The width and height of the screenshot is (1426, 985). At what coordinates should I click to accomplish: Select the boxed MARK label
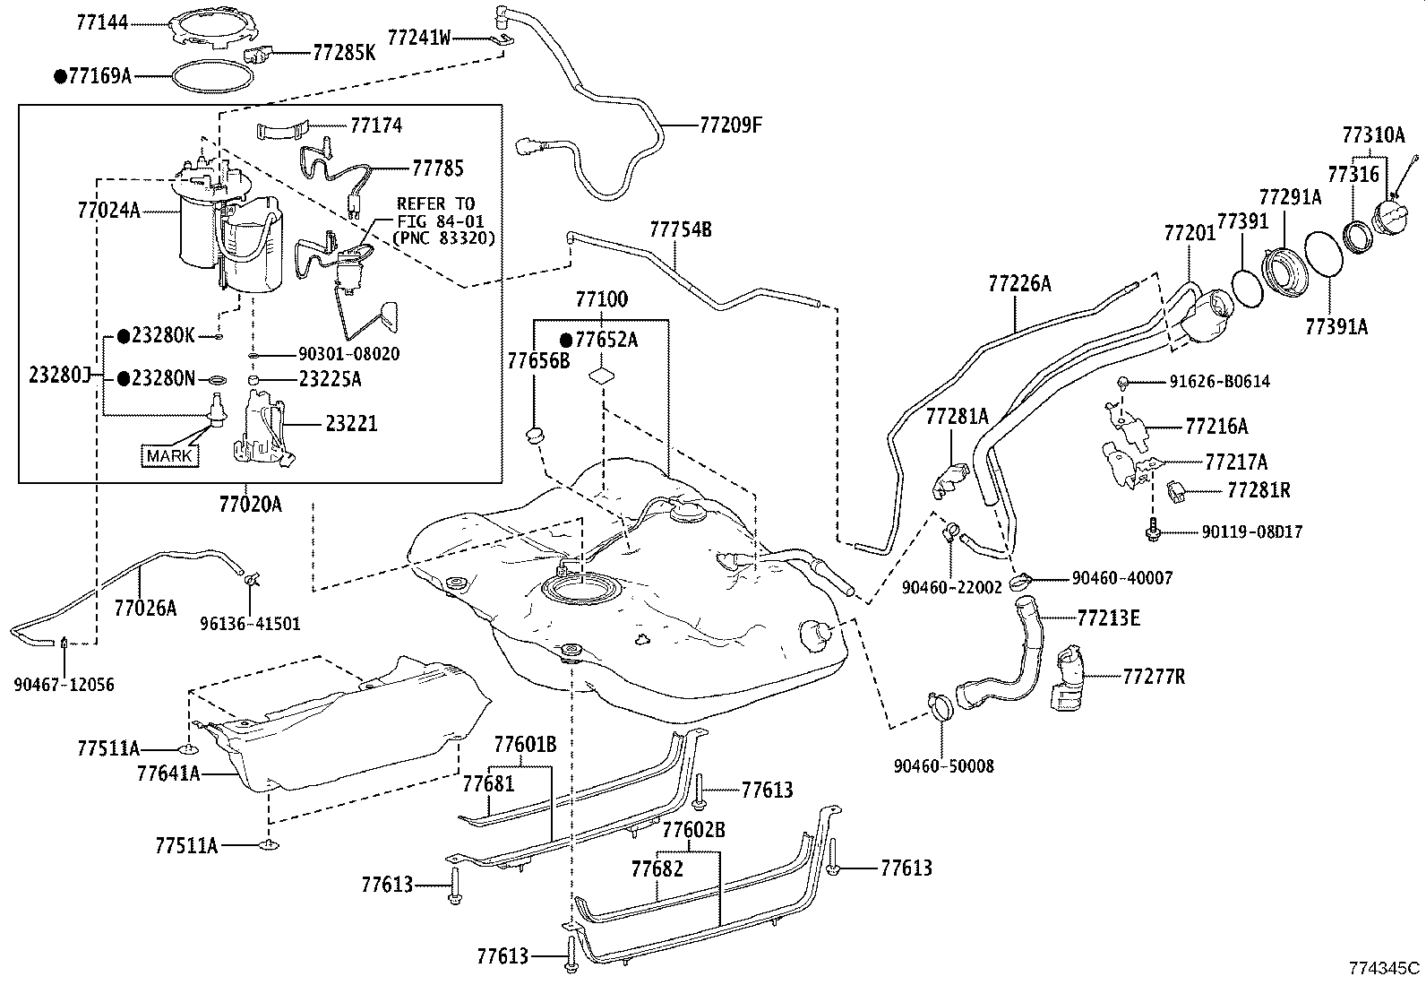[x=169, y=456]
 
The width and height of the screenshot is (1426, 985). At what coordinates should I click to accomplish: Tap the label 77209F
[x=731, y=125]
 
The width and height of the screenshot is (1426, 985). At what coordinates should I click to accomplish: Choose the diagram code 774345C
[x=1385, y=968]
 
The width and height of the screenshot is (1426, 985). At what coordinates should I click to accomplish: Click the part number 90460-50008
[x=943, y=766]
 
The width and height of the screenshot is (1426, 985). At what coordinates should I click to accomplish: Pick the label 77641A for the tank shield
[x=168, y=773]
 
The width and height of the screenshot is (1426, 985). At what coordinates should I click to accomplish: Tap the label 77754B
[x=680, y=229]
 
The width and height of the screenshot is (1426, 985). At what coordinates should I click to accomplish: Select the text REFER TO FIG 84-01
[x=436, y=212]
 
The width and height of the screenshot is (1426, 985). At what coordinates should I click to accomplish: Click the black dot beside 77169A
[x=59, y=77]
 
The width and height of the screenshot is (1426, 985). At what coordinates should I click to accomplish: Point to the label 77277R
[x=1154, y=677]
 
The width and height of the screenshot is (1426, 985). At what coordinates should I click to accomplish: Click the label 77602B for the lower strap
[x=693, y=830]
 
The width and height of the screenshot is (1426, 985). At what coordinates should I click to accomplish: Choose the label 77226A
[x=1019, y=284]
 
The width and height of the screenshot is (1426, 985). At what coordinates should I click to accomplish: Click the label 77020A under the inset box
[x=250, y=505]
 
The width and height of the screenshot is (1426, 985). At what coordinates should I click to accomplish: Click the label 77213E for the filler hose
[x=1108, y=618]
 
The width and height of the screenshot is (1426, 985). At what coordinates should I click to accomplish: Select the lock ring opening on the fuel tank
[x=580, y=592]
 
